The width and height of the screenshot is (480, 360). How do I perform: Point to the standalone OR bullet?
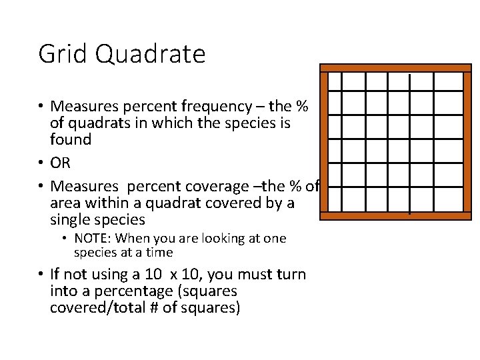pyautogui.click(x=60, y=162)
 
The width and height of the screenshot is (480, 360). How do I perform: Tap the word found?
pyautogui.click(x=71, y=139)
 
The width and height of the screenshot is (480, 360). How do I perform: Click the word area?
pyautogui.click(x=66, y=202)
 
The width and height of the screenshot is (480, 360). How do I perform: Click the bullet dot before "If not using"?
pyautogui.click(x=41, y=275)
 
